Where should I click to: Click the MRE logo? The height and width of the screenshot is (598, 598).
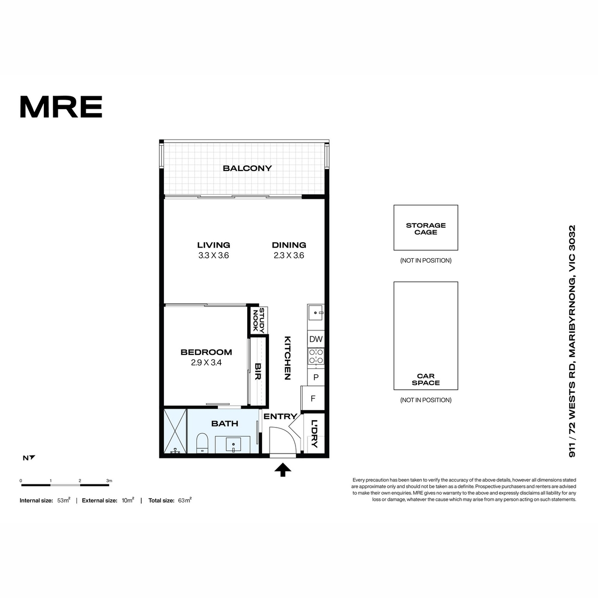[x=61, y=107]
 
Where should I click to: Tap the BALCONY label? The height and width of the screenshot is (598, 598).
[x=247, y=168]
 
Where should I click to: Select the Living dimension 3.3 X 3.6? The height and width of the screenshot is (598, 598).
[x=213, y=256]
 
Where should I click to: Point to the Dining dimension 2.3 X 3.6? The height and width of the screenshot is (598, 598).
[x=289, y=256]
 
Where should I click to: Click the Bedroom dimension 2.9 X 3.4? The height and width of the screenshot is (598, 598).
[x=206, y=362]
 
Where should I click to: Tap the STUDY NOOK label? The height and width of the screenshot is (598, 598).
[x=259, y=320]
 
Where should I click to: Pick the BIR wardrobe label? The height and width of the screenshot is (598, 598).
[x=258, y=371]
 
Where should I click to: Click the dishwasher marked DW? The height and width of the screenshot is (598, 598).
[x=316, y=339]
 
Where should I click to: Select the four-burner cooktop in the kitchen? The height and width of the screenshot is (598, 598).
[x=316, y=356]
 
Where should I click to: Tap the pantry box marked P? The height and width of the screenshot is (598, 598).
[x=316, y=377]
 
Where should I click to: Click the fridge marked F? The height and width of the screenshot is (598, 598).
[x=313, y=398]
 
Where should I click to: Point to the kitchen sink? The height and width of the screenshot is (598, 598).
[x=316, y=313]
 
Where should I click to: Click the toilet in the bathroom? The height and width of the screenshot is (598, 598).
[x=202, y=443]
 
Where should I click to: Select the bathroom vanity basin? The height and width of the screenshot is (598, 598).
[x=233, y=445]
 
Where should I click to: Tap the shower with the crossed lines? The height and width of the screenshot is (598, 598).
[x=175, y=432]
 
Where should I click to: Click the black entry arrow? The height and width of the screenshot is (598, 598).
[x=283, y=469]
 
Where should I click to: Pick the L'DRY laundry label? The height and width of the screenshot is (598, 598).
[x=314, y=434]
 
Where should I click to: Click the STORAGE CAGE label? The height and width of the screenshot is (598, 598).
[x=426, y=229]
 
